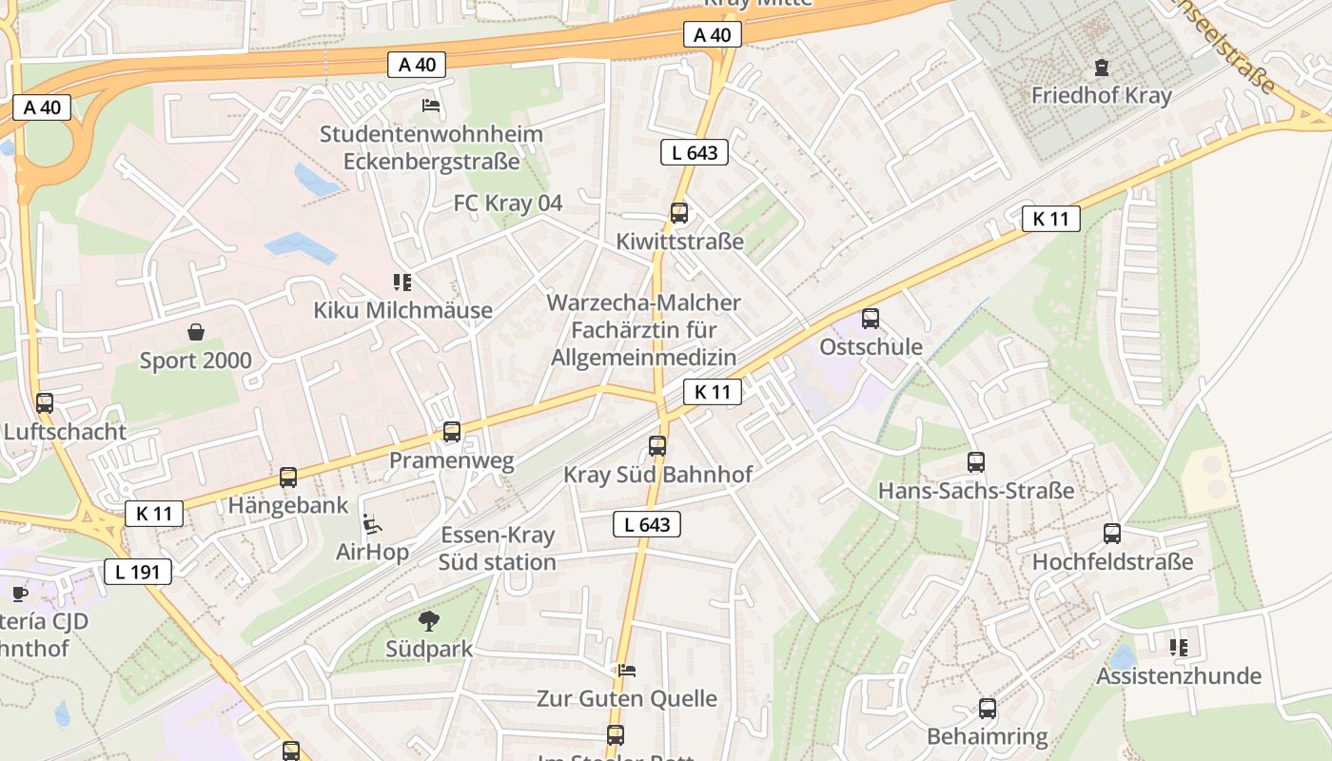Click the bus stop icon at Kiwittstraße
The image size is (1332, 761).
point(678,213)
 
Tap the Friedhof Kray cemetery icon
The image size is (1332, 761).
point(1102,68)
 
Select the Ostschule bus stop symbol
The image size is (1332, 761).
point(870,319)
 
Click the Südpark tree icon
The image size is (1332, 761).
point(429,621)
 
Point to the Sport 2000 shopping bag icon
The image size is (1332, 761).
point(196,332)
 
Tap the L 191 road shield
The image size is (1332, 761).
point(138,572)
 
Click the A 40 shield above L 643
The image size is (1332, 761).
point(712,35)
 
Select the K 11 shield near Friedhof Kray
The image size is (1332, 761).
point(1051,219)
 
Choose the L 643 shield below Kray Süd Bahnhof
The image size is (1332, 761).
point(647,524)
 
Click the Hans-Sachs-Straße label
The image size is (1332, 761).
point(975,491)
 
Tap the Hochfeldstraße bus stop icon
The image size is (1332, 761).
point(1112,534)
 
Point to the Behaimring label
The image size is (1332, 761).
point(987,736)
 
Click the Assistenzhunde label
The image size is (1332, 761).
point(1179,676)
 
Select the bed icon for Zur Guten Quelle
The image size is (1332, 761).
point(626,671)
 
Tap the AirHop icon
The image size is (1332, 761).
point(373,524)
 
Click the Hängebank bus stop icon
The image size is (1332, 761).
point(288,478)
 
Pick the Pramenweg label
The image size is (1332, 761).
point(451,461)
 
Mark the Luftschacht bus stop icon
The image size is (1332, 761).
point(45,403)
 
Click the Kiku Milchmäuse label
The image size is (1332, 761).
point(403,310)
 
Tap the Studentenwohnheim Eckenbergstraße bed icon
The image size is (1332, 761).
point(431,106)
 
